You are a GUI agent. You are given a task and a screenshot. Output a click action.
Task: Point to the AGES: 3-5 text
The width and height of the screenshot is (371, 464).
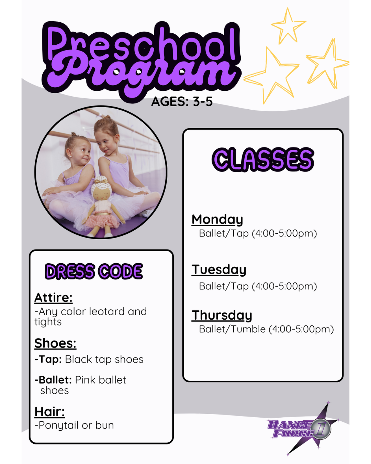tap(182, 101)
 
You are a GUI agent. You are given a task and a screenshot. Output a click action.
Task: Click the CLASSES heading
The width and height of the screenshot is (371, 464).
tap(263, 159)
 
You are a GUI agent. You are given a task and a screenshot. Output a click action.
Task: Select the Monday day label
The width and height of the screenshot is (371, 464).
tap(217, 220)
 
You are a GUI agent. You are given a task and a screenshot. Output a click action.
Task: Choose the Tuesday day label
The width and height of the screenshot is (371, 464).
tap(219, 270)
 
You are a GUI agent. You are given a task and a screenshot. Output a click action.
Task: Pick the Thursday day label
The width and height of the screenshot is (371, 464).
tap(222, 316)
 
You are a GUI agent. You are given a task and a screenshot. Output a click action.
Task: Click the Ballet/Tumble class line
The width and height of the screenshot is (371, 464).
tap(266, 329)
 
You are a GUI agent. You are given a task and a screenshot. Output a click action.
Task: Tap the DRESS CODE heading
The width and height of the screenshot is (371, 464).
tap(94, 271)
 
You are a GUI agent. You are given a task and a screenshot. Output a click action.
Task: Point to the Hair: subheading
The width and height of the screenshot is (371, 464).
tap(49, 412)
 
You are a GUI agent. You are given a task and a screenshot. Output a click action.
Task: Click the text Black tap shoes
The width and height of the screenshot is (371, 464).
tap(104, 360)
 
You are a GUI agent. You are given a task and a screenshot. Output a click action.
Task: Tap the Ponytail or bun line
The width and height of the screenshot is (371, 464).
tap(74, 425)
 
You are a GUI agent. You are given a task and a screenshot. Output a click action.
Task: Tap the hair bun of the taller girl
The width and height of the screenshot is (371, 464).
tap(107, 118)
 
